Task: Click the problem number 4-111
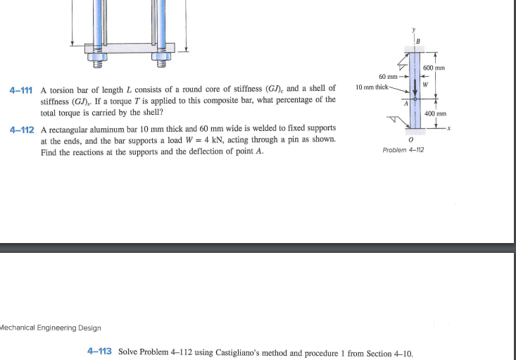[23, 90]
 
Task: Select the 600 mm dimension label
[434, 68]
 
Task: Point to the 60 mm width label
[389, 76]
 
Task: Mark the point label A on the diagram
[406, 104]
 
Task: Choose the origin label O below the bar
[410, 139]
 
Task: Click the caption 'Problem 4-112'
[403, 150]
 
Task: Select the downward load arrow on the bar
[415, 83]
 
